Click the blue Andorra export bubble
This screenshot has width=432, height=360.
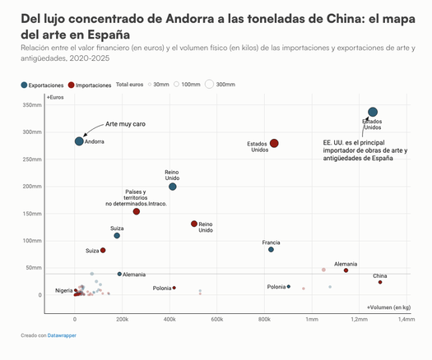[x=79, y=141]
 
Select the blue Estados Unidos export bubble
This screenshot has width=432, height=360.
[x=373, y=112]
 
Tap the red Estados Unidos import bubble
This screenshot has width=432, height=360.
[x=274, y=143]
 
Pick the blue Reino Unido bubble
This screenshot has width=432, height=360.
[x=173, y=187]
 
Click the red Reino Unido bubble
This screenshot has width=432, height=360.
[x=194, y=224]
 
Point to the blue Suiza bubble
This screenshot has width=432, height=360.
[x=117, y=236]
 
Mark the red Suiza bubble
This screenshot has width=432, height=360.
[x=103, y=250]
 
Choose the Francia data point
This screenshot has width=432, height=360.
[x=271, y=249]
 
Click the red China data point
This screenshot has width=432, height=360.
[x=380, y=282]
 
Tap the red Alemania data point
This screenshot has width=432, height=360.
[x=346, y=270]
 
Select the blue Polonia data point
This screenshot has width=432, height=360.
[x=289, y=287]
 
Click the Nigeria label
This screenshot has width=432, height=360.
[x=64, y=291]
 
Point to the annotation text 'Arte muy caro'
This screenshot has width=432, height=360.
[x=125, y=124]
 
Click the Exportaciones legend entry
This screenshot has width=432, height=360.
[x=43, y=85]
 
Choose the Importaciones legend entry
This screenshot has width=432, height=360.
[x=90, y=85]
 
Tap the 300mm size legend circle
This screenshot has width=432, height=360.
[x=209, y=84]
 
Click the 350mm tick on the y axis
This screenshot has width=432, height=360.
[x=32, y=105]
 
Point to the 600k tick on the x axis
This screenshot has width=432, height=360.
[x=217, y=319]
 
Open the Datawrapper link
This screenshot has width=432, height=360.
[x=62, y=335]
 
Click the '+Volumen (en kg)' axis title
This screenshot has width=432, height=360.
[x=388, y=307]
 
